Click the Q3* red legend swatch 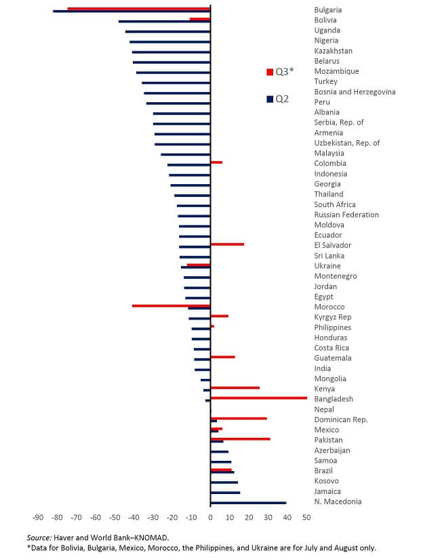[x=270, y=72]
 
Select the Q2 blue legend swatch [x=270, y=99]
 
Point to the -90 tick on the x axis [x=38, y=518]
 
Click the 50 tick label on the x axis [x=306, y=518]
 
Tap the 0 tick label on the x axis [x=211, y=518]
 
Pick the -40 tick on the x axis [x=134, y=518]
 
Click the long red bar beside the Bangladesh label [x=258, y=398]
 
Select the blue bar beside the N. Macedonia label [x=248, y=503]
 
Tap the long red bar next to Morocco [x=171, y=306]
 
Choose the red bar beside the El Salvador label [x=227, y=244]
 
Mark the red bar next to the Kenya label [x=235, y=388]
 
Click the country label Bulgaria [x=327, y=10]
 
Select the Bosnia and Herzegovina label [x=355, y=92]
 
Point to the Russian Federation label [x=346, y=215]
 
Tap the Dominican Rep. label [x=340, y=420]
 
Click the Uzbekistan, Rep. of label [x=346, y=143]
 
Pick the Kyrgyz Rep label [x=332, y=317]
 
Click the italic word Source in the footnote [x=40, y=537]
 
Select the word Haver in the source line [x=67, y=537]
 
